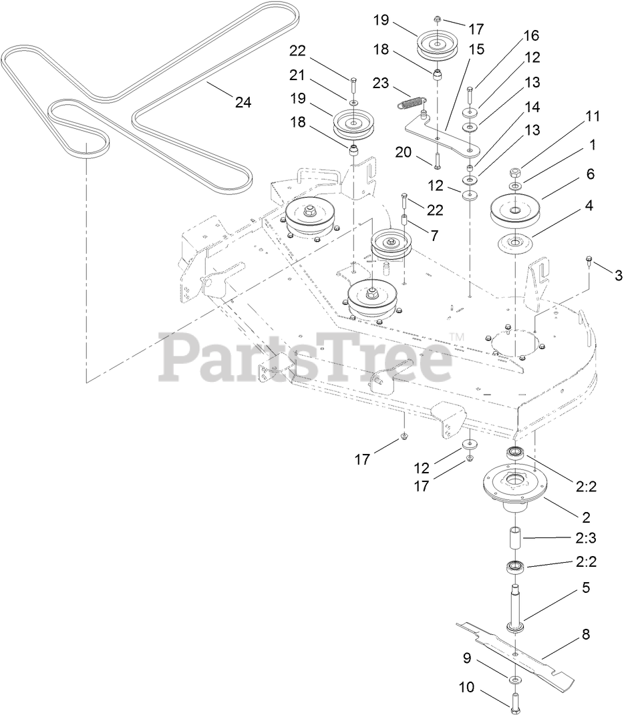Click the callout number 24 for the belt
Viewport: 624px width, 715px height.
pos(243,102)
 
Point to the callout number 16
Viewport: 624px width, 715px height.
pos(531,35)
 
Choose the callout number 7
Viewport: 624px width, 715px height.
pos(434,236)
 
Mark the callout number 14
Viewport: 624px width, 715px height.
pos(532,105)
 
